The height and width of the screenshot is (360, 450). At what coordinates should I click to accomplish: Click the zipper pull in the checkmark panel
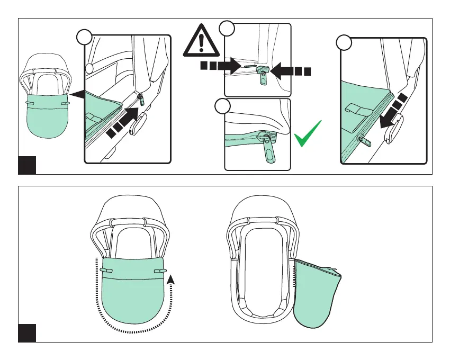[269, 154]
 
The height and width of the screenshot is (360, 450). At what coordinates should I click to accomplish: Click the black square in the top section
[27, 165]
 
